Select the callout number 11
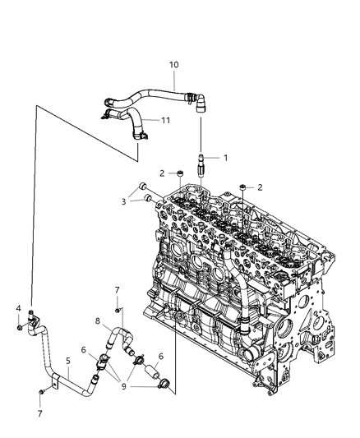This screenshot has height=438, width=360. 165,120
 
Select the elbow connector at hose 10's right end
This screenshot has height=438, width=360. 200,102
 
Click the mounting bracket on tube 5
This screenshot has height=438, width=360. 55,381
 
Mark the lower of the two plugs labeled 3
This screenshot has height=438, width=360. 147,196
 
